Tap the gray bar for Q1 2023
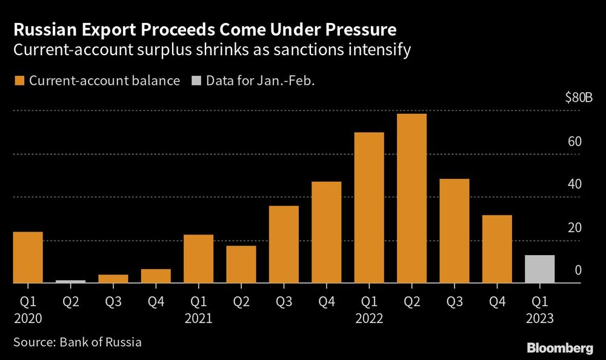tap(539, 269)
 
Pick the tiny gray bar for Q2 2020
tap(70, 282)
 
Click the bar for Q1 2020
tap(28, 258)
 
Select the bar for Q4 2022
tap(497, 249)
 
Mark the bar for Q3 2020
tap(113, 279)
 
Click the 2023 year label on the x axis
tap(539, 317)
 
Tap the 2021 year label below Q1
tap(198, 317)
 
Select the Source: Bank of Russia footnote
tap(77, 342)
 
